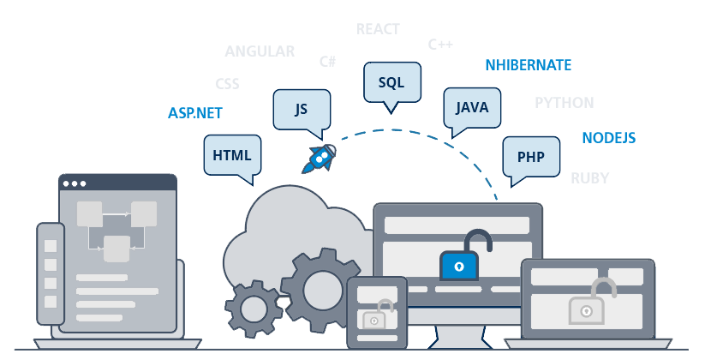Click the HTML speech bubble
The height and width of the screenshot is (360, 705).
pos(232,155)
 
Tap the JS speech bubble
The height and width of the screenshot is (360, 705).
pos(301,109)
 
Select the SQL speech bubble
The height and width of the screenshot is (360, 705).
pos(391,82)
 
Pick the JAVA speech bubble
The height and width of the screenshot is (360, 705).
pos(472,107)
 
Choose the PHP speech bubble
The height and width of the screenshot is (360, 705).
pos(531,157)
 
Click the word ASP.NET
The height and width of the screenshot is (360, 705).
pos(196,112)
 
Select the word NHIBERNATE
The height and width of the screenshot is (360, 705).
pos(528,65)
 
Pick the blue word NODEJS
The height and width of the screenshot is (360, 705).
pos(608,138)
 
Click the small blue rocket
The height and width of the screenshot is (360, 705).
pos(321,157)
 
